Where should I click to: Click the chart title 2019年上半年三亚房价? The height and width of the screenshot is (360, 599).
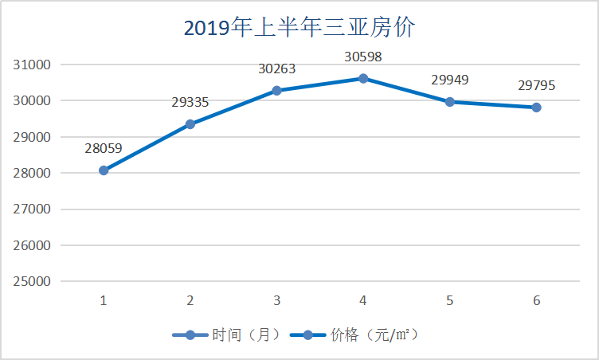coord(299,29)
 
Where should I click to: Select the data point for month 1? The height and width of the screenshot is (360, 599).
coord(104,170)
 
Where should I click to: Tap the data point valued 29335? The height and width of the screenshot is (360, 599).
coord(190,124)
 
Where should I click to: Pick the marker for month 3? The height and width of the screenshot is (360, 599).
coord(276,91)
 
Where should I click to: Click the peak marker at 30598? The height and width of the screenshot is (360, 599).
coord(363,78)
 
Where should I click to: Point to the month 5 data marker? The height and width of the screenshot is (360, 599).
coord(450,102)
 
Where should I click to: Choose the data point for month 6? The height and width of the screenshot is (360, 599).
coord(536,108)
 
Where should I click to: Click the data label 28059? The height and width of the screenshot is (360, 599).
coord(104,147)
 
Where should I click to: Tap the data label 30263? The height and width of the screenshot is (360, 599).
coord(276,68)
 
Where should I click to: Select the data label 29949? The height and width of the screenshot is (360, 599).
coord(450,80)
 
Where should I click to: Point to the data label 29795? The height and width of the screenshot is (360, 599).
coord(536,85)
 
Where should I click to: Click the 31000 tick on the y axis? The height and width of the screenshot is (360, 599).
coord(33,65)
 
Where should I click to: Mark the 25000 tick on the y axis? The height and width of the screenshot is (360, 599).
coord(33,281)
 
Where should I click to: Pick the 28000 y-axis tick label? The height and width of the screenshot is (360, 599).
coord(33,173)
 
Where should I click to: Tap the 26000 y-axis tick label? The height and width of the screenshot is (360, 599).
coord(33,245)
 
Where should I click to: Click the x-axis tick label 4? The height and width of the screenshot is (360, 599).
coord(363,300)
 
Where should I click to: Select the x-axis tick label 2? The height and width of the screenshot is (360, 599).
coord(190,300)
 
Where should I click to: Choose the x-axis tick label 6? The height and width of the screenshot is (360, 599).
coord(536,300)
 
